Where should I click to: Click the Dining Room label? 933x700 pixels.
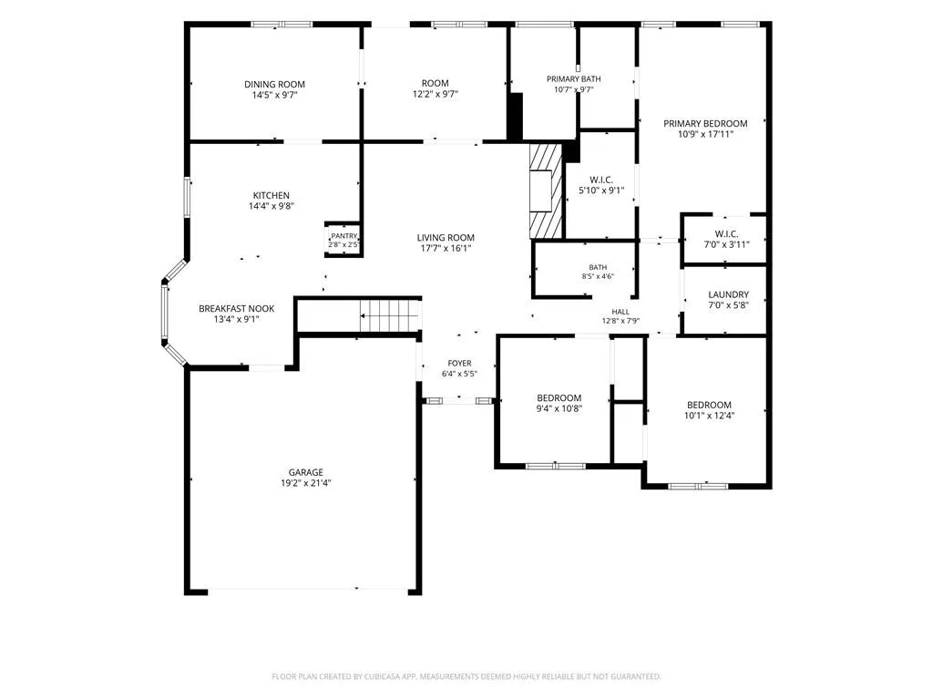coord(274,85)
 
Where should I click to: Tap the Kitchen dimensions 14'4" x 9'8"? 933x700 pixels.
coord(272,207)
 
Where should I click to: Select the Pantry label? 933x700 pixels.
coord(343,236)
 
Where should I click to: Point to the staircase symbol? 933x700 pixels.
coord(390,315)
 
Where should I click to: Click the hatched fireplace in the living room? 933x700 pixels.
coord(546,190)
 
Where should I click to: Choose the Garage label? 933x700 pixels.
coord(306,473)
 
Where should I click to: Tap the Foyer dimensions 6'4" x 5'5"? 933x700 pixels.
coord(459,374)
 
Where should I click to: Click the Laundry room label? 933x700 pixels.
coord(728,294)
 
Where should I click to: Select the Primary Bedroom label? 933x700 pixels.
coord(705,124)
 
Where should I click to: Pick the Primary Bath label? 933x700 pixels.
coord(574,79)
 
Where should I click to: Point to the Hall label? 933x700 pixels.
coord(620,312)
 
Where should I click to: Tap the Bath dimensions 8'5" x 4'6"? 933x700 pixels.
coord(598,276)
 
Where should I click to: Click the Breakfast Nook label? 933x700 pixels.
coord(236,309)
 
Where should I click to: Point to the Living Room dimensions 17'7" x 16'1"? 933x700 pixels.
coord(446,249)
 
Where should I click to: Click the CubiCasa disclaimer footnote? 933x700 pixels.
coord(466,677)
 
